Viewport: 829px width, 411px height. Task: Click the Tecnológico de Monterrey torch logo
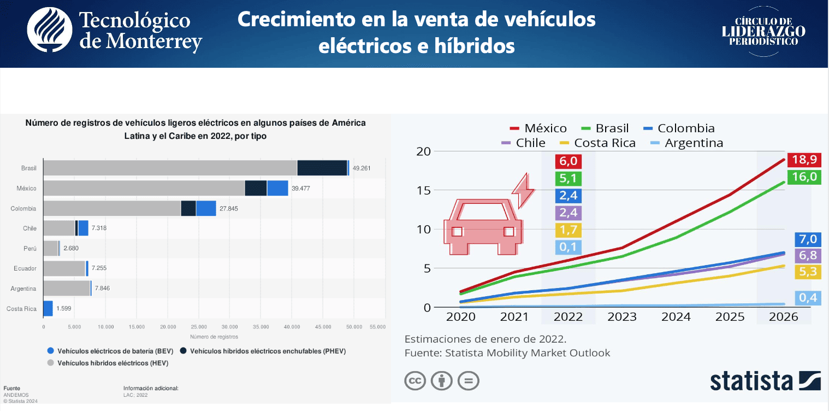(50, 30)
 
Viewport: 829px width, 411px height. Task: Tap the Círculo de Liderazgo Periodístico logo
(763, 32)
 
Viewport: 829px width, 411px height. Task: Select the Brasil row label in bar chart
(29, 168)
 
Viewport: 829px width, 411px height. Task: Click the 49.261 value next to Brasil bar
(362, 168)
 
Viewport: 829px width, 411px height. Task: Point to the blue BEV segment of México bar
(277, 189)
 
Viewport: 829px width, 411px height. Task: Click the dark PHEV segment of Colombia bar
(188, 209)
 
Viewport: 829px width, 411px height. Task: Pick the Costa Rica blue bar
(48, 309)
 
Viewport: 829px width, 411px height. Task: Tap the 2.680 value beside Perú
(72, 249)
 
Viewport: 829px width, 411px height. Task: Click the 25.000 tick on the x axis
(199, 327)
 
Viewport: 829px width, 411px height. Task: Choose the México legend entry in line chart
(538, 128)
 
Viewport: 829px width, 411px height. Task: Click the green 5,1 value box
(568, 179)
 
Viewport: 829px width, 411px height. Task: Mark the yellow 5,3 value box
(808, 272)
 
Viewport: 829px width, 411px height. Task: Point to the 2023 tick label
(622, 317)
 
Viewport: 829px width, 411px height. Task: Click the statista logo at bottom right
(765, 380)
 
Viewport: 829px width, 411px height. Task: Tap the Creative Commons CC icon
(415, 380)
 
